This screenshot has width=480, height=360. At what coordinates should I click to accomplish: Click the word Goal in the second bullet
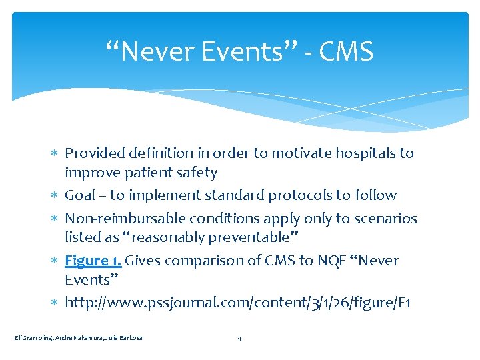click(x=80, y=195)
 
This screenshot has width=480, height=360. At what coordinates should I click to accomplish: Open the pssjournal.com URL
click(x=238, y=303)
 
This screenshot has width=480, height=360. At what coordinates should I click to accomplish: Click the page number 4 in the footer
click(x=239, y=339)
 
